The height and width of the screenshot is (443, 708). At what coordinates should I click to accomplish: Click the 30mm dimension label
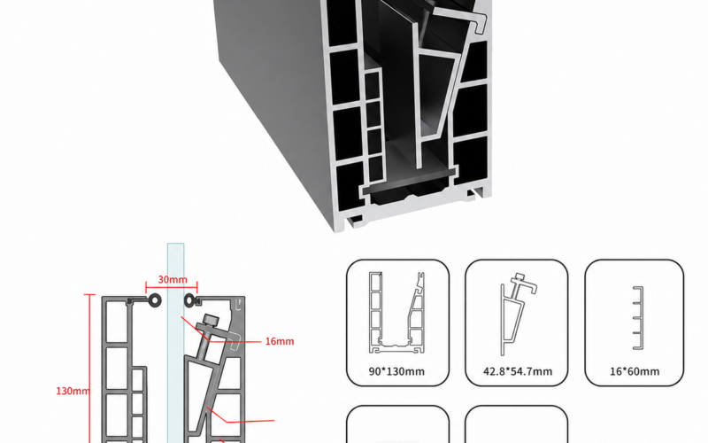pyautogui.click(x=173, y=280)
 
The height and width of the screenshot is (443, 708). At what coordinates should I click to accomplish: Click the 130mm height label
pyautogui.click(x=73, y=391)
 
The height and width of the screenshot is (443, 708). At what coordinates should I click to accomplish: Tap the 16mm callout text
pyautogui.click(x=280, y=341)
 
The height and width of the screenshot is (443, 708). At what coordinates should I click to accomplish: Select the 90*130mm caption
pyautogui.click(x=396, y=371)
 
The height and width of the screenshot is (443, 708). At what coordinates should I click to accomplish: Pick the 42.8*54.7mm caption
pyautogui.click(x=518, y=371)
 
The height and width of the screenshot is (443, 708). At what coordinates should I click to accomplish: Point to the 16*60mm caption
pyautogui.click(x=635, y=371)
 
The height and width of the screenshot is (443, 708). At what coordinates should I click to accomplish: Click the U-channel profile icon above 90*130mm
pyautogui.click(x=396, y=313)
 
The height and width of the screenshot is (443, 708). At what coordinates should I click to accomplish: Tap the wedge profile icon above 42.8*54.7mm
pyautogui.click(x=518, y=315)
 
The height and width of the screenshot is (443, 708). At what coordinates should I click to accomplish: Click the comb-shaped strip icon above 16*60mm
pyautogui.click(x=637, y=318)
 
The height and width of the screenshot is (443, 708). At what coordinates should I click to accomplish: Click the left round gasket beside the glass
pyautogui.click(x=155, y=300)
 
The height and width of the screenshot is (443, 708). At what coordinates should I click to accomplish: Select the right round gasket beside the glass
pyautogui.click(x=189, y=300)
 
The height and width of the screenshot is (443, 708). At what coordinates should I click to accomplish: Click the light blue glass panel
pyautogui.click(x=175, y=344)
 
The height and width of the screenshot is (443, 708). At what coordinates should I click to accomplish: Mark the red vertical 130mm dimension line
pyautogui.click(x=90, y=369)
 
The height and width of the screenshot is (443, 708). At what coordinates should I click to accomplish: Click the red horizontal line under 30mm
pyautogui.click(x=172, y=286)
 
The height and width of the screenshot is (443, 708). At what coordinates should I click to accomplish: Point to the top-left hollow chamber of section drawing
pyautogui.click(x=117, y=322)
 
